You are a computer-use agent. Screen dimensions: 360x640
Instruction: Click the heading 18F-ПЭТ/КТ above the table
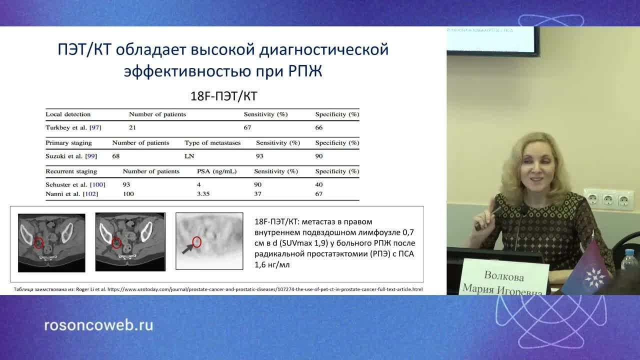click(224, 96)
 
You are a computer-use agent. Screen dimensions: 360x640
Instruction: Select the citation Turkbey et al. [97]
click(73, 127)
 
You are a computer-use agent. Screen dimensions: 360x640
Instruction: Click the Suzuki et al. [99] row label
click(71, 156)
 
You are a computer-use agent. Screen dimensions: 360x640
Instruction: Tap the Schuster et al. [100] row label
click(75, 184)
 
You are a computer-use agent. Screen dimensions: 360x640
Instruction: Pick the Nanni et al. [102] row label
click(72, 193)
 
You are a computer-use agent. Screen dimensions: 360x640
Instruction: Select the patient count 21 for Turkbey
click(132, 127)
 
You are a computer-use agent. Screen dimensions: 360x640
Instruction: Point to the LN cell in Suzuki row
click(189, 156)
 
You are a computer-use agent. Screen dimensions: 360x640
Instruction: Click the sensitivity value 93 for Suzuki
click(259, 156)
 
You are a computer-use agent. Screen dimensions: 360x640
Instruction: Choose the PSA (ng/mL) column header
click(217, 171)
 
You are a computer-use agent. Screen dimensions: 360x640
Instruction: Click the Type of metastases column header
click(212, 142)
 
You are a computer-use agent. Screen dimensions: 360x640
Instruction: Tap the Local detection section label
click(68, 114)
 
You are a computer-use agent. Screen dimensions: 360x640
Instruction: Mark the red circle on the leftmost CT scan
click(39, 243)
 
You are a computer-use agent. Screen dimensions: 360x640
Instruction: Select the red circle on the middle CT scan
click(116, 243)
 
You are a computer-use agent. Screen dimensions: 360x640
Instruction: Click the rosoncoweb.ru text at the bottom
click(98, 325)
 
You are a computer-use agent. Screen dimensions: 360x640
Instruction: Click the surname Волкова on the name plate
click(503, 276)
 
